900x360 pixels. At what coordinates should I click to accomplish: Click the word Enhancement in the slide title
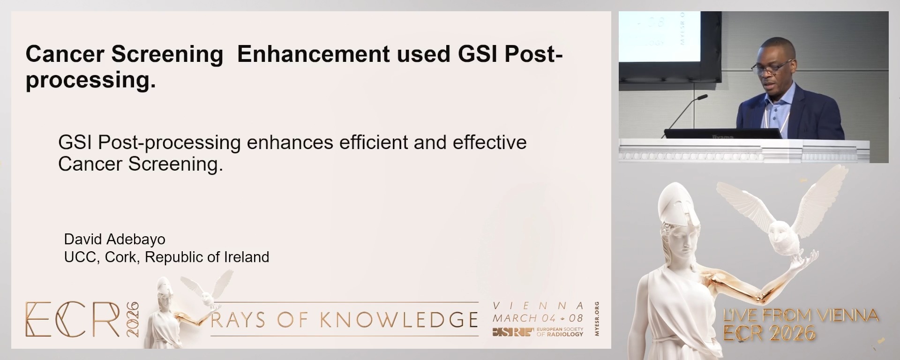click(x=313, y=54)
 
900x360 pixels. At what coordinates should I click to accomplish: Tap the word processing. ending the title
click(x=90, y=80)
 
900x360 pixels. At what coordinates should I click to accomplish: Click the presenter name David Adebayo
click(x=114, y=239)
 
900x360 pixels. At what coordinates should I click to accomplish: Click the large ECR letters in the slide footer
click(x=73, y=320)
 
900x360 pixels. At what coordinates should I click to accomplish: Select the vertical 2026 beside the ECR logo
click(x=133, y=319)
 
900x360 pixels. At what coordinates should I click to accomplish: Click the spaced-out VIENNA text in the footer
click(x=538, y=306)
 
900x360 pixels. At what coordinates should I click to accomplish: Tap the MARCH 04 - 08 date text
click(x=538, y=318)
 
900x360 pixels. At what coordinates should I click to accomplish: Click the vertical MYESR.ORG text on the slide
click(x=596, y=319)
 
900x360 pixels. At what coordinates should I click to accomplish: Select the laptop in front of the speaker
click(x=722, y=134)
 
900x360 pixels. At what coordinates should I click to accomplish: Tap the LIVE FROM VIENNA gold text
click(x=801, y=315)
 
